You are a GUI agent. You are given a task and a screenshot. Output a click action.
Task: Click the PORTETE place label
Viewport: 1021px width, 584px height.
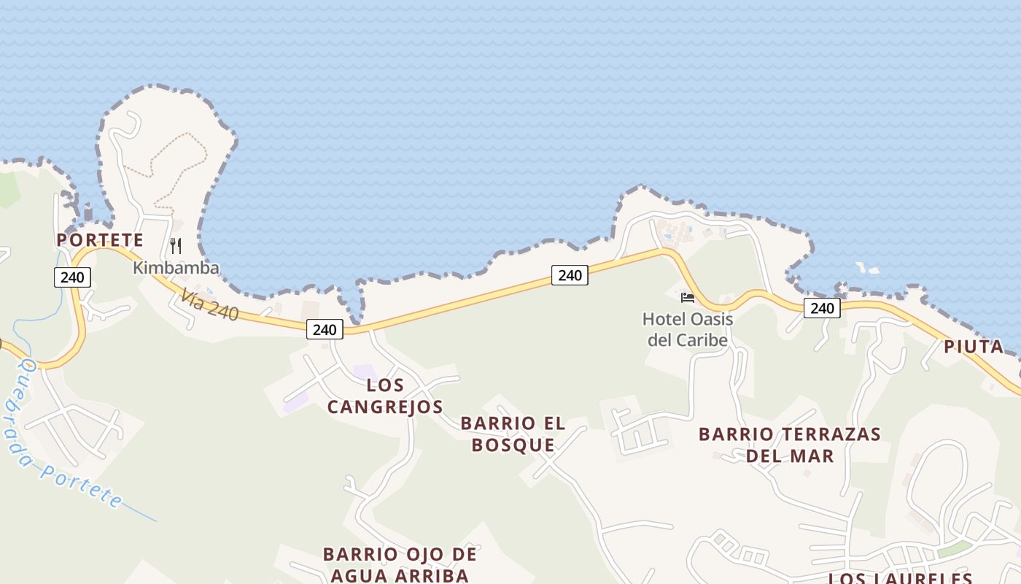pyautogui.click(x=100, y=239)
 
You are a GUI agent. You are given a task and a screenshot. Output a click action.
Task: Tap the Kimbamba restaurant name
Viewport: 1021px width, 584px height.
pyautogui.click(x=176, y=268)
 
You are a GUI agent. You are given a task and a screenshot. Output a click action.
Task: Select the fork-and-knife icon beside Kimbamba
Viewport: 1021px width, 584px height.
pyautogui.click(x=176, y=245)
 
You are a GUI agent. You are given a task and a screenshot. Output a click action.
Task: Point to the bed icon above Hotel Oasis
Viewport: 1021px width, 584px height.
pyautogui.click(x=687, y=297)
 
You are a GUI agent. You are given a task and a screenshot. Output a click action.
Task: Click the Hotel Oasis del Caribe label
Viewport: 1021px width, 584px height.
pyautogui.click(x=688, y=329)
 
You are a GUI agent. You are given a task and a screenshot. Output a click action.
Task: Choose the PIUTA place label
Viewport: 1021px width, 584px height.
pyautogui.click(x=974, y=347)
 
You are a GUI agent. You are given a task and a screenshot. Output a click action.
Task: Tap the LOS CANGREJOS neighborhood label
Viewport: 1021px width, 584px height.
pyautogui.click(x=385, y=396)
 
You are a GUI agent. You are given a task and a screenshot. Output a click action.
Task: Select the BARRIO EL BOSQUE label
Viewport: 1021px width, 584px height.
pyautogui.click(x=513, y=434)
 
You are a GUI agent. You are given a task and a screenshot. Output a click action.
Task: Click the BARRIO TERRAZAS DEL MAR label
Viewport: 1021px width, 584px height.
pyautogui.click(x=790, y=445)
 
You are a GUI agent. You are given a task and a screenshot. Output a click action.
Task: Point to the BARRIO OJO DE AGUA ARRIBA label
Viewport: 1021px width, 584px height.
pyautogui.click(x=400, y=564)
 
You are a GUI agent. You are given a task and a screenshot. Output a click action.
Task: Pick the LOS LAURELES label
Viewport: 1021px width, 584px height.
pyautogui.click(x=900, y=578)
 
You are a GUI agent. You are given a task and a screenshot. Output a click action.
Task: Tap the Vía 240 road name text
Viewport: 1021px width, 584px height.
pyautogui.click(x=210, y=304)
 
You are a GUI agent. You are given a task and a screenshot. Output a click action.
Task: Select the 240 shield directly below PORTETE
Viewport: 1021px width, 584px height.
pyautogui.click(x=72, y=277)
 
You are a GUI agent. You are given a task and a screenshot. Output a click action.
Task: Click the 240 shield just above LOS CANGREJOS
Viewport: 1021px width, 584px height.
pyautogui.click(x=325, y=329)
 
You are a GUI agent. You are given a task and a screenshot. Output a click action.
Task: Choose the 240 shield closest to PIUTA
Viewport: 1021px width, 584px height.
pyautogui.click(x=822, y=308)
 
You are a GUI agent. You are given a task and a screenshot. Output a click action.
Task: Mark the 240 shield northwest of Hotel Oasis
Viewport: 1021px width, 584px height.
pyautogui.click(x=570, y=275)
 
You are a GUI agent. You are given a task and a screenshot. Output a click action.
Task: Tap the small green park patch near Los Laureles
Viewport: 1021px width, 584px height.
pyautogui.click(x=955, y=549)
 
